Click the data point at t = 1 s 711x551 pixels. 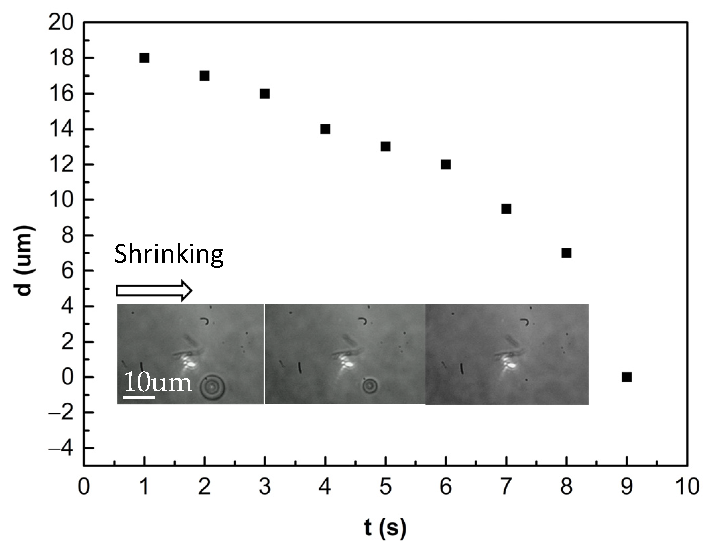tap(144, 58)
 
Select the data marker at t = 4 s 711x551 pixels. tap(325, 129)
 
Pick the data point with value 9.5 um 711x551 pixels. tap(506, 209)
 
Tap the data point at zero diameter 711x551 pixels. tap(627, 377)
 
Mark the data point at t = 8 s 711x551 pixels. tap(566, 253)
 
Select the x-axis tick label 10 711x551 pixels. tap(687, 487)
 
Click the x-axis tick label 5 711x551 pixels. tap(385, 487)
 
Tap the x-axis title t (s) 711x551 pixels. tap(385, 528)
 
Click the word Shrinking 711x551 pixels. tap(169, 254)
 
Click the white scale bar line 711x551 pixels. tap(139, 398)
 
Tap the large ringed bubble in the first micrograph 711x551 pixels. tap(212, 387)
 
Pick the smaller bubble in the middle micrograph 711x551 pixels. tap(370, 386)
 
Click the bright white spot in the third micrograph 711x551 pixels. tap(511, 365)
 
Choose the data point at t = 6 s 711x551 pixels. tap(446, 164)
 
